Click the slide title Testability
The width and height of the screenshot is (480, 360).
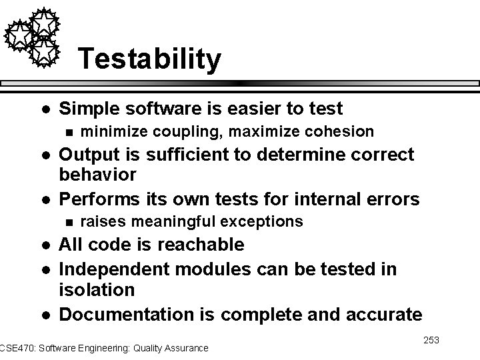pyautogui.click(x=149, y=59)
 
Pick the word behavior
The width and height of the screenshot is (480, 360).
pyautogui.click(x=97, y=175)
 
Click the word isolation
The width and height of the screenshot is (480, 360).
pyautogui.click(x=97, y=290)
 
